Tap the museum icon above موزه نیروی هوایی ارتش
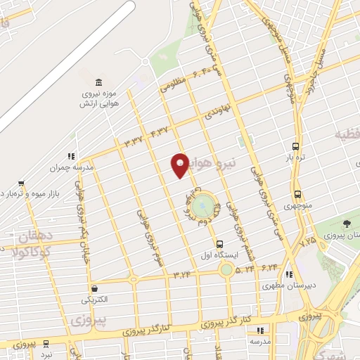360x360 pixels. pos(97,82)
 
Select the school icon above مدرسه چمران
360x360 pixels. pos(70,157)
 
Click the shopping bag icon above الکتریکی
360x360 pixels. pos(94,288)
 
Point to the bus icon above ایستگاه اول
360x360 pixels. pos(221,242)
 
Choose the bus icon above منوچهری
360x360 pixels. pos(298,194)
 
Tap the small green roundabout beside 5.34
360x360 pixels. pos(226,269)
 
